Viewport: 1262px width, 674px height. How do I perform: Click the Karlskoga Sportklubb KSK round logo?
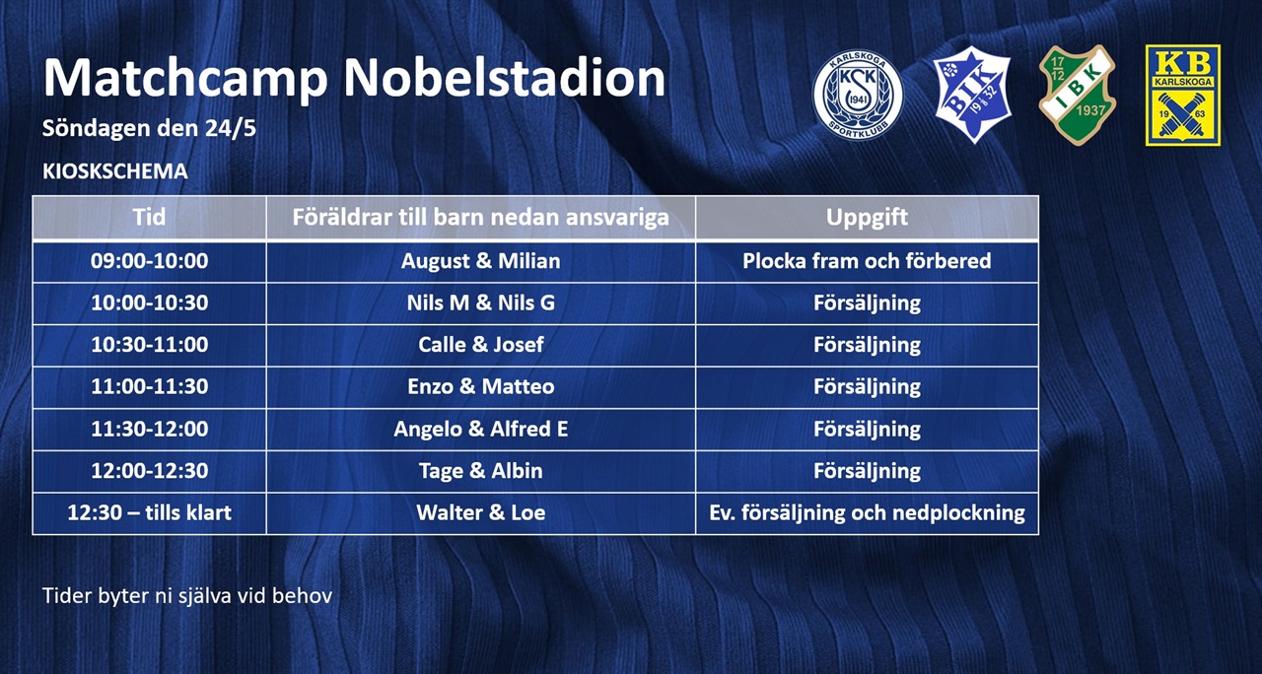point(858,95)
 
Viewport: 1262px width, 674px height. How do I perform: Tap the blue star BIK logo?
point(972,94)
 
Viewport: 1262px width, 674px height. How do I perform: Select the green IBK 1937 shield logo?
point(1078,95)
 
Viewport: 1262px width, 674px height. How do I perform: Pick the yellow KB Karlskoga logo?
point(1183,96)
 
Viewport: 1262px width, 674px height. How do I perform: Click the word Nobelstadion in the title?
point(504,78)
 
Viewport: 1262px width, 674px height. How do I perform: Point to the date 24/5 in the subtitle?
point(231,128)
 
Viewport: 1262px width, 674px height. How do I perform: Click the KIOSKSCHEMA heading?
point(115,171)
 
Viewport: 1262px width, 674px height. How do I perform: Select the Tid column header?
point(149,218)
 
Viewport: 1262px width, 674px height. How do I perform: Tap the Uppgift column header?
point(867,218)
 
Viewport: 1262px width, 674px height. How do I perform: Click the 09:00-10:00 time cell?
point(149,261)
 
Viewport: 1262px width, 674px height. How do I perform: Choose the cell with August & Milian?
point(480,261)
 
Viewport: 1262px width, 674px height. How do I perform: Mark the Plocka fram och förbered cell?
point(867,261)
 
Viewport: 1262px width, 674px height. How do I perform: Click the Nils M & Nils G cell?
point(480,303)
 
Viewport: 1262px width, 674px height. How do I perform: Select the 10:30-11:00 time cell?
point(149,345)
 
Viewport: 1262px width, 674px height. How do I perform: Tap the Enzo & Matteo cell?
point(480,387)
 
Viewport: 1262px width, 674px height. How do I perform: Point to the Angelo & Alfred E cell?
point(480,429)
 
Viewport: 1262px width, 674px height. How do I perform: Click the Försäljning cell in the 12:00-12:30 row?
point(867,471)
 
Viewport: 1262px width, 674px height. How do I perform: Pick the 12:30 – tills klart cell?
point(149,513)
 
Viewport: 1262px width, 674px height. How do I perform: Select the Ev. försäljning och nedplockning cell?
point(867,513)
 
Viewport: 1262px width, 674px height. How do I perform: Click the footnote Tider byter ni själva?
point(187,596)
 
